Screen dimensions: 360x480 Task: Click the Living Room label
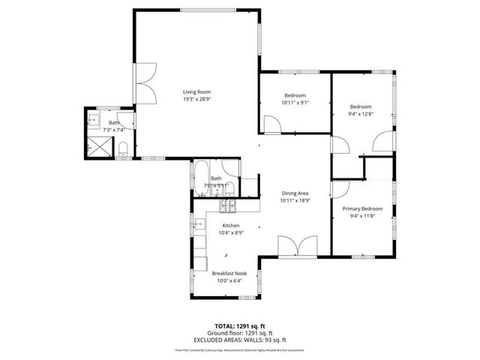pos(196,91)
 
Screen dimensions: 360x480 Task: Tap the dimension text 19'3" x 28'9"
pos(196,99)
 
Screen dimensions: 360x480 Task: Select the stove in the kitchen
pos(228,205)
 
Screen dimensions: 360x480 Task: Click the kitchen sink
pos(198,223)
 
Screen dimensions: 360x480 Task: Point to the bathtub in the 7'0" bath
pos(202,178)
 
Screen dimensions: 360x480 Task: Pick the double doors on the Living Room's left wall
pos(145,82)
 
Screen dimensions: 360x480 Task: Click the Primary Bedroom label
pos(362,208)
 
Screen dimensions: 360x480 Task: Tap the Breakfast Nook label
pos(229,274)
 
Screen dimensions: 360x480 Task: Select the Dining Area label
pos(295,193)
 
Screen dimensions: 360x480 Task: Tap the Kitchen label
pos(231,225)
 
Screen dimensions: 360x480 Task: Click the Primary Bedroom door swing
pos(341,190)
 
